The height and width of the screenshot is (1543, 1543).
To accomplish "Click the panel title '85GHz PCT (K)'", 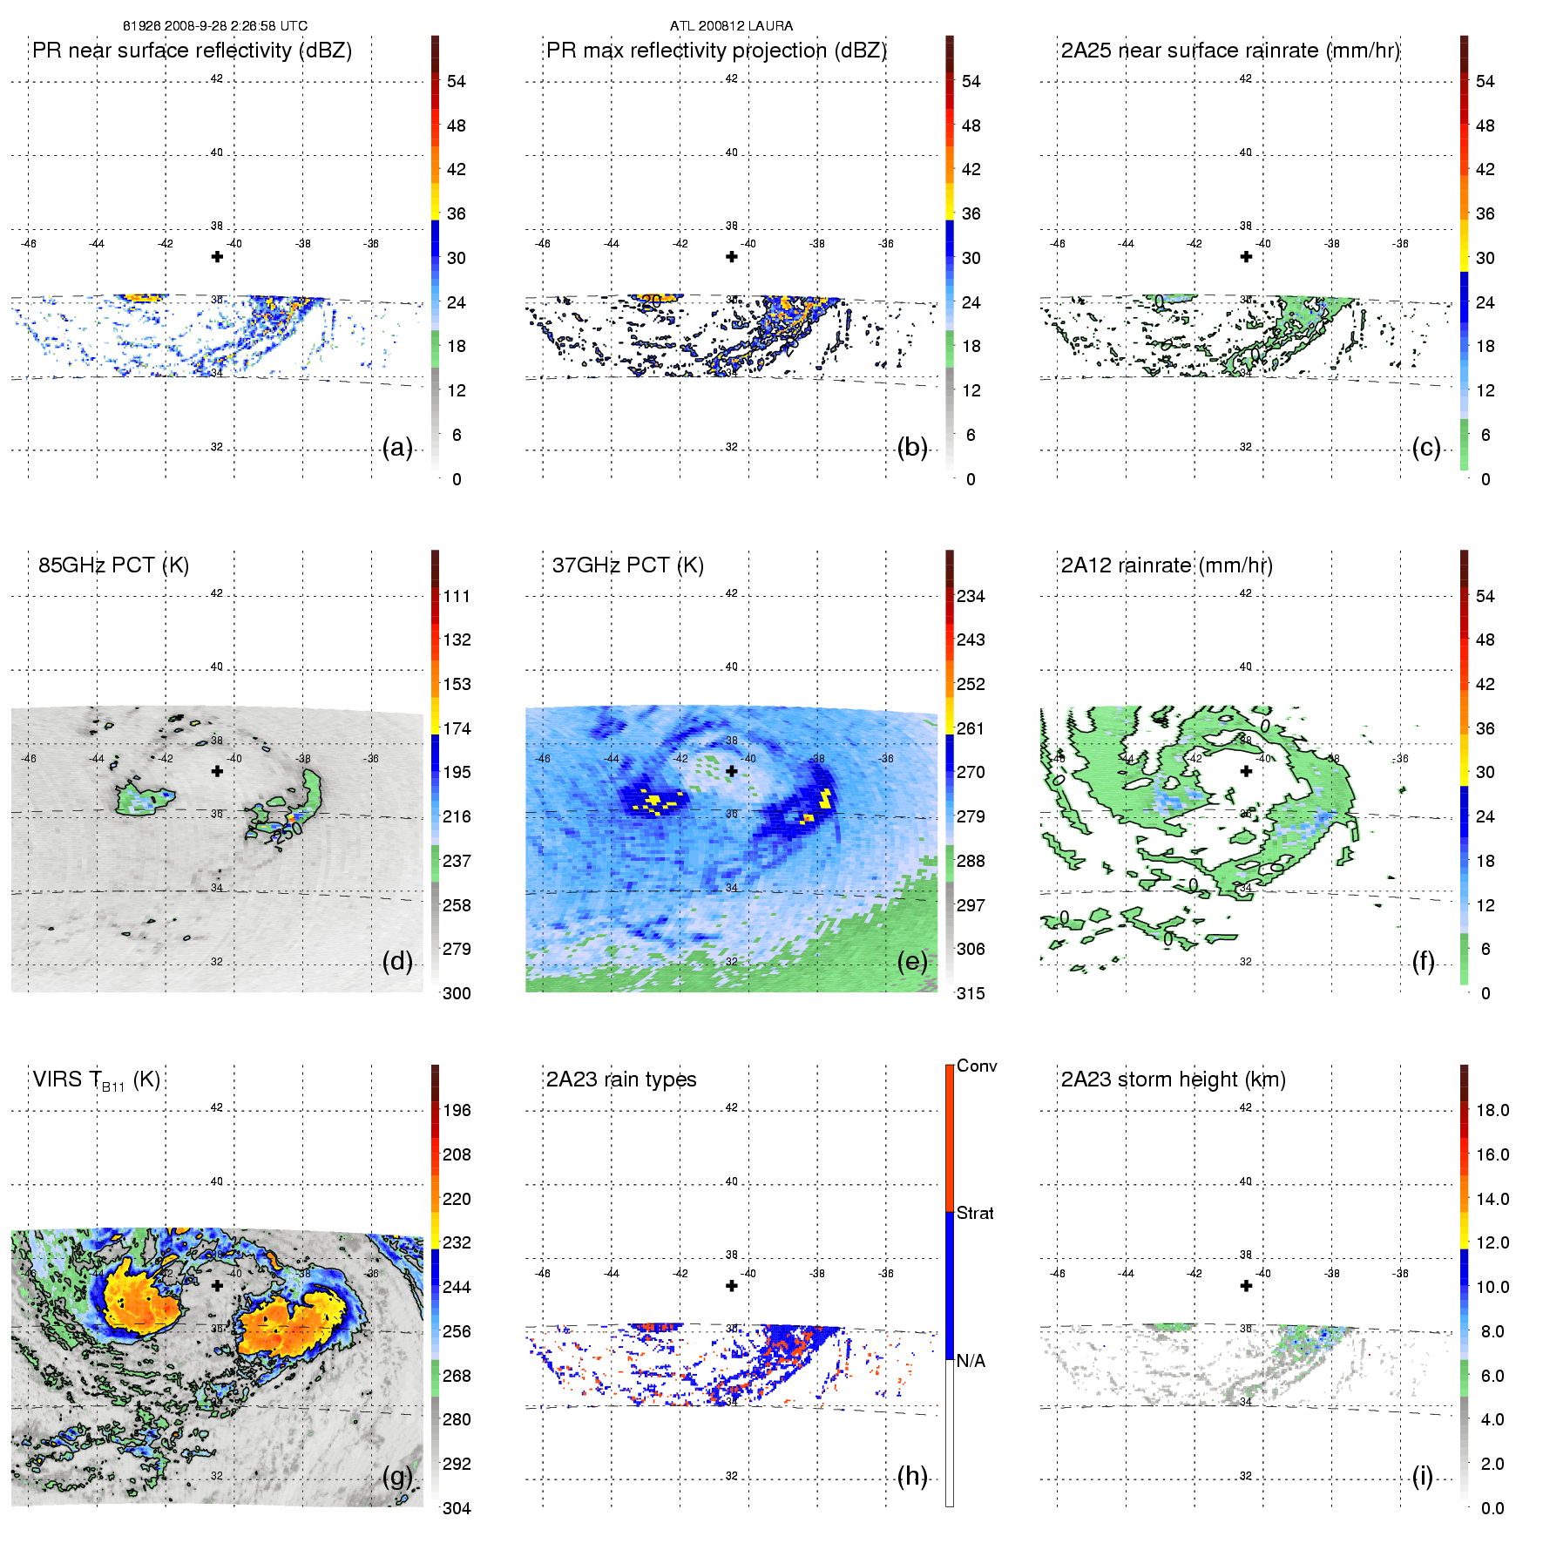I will point(113,565).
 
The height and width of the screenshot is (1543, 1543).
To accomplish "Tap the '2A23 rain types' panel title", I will point(621,1079).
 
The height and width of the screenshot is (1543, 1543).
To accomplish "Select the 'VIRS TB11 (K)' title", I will point(96,1080).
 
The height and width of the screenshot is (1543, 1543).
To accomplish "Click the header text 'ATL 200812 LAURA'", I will point(731,26).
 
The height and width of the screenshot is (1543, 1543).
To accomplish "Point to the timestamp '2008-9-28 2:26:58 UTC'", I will point(234,26).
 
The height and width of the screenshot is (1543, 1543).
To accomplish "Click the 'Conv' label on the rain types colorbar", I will point(977,1066).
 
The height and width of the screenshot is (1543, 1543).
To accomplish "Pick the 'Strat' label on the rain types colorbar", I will point(975,1213).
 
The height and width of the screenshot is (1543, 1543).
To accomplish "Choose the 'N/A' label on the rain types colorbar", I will point(971,1361).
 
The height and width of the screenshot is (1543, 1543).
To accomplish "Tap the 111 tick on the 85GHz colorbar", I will point(457,597).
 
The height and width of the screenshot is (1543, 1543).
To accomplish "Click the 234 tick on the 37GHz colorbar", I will point(971,597).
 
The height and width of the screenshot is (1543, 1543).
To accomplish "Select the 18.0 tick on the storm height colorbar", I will point(1492,1111).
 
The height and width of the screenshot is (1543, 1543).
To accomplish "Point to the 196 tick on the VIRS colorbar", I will point(457,1111).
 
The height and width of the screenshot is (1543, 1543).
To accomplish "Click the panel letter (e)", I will point(912,961).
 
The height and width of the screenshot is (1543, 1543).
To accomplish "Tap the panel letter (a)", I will point(397,447).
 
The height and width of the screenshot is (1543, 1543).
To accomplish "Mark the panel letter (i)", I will point(1422,1476).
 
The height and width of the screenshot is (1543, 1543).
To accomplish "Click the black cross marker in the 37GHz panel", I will point(732,771).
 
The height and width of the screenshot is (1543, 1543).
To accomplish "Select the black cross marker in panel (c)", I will point(1246,256).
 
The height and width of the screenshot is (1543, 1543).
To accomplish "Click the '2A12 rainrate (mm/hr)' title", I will point(1167,565).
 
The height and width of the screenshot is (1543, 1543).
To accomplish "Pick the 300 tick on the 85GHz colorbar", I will point(457,993).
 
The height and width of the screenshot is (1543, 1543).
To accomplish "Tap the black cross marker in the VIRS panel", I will point(217,1285).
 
